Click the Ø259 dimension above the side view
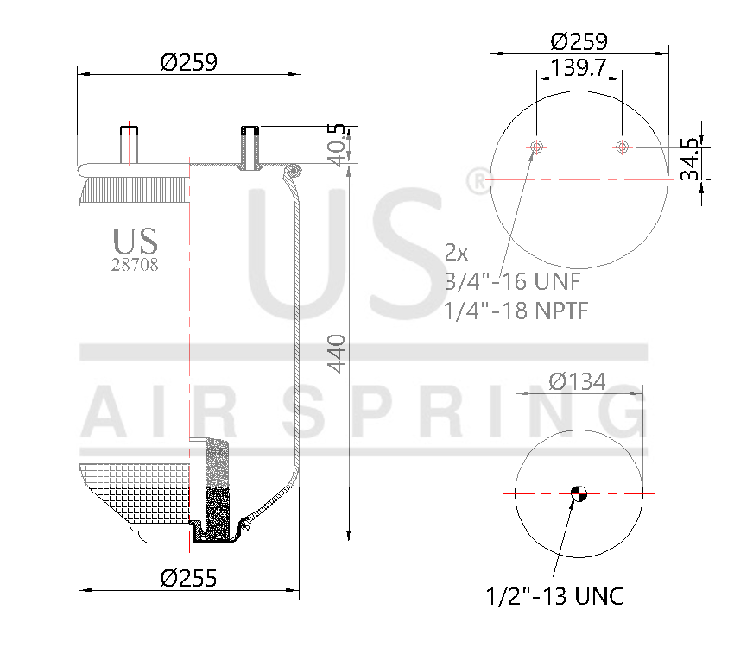[188, 62]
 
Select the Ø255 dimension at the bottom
[188, 577]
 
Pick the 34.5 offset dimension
[689, 158]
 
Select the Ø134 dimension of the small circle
[578, 380]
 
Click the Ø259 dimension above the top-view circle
[579, 41]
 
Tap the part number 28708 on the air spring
[135, 265]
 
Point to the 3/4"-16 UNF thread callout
[512, 281]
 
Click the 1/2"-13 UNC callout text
[554, 596]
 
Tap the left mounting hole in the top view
[537, 148]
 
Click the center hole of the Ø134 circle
[579, 493]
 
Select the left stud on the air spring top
[130, 143]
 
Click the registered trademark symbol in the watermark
[475, 181]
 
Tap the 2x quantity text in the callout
[456, 253]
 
